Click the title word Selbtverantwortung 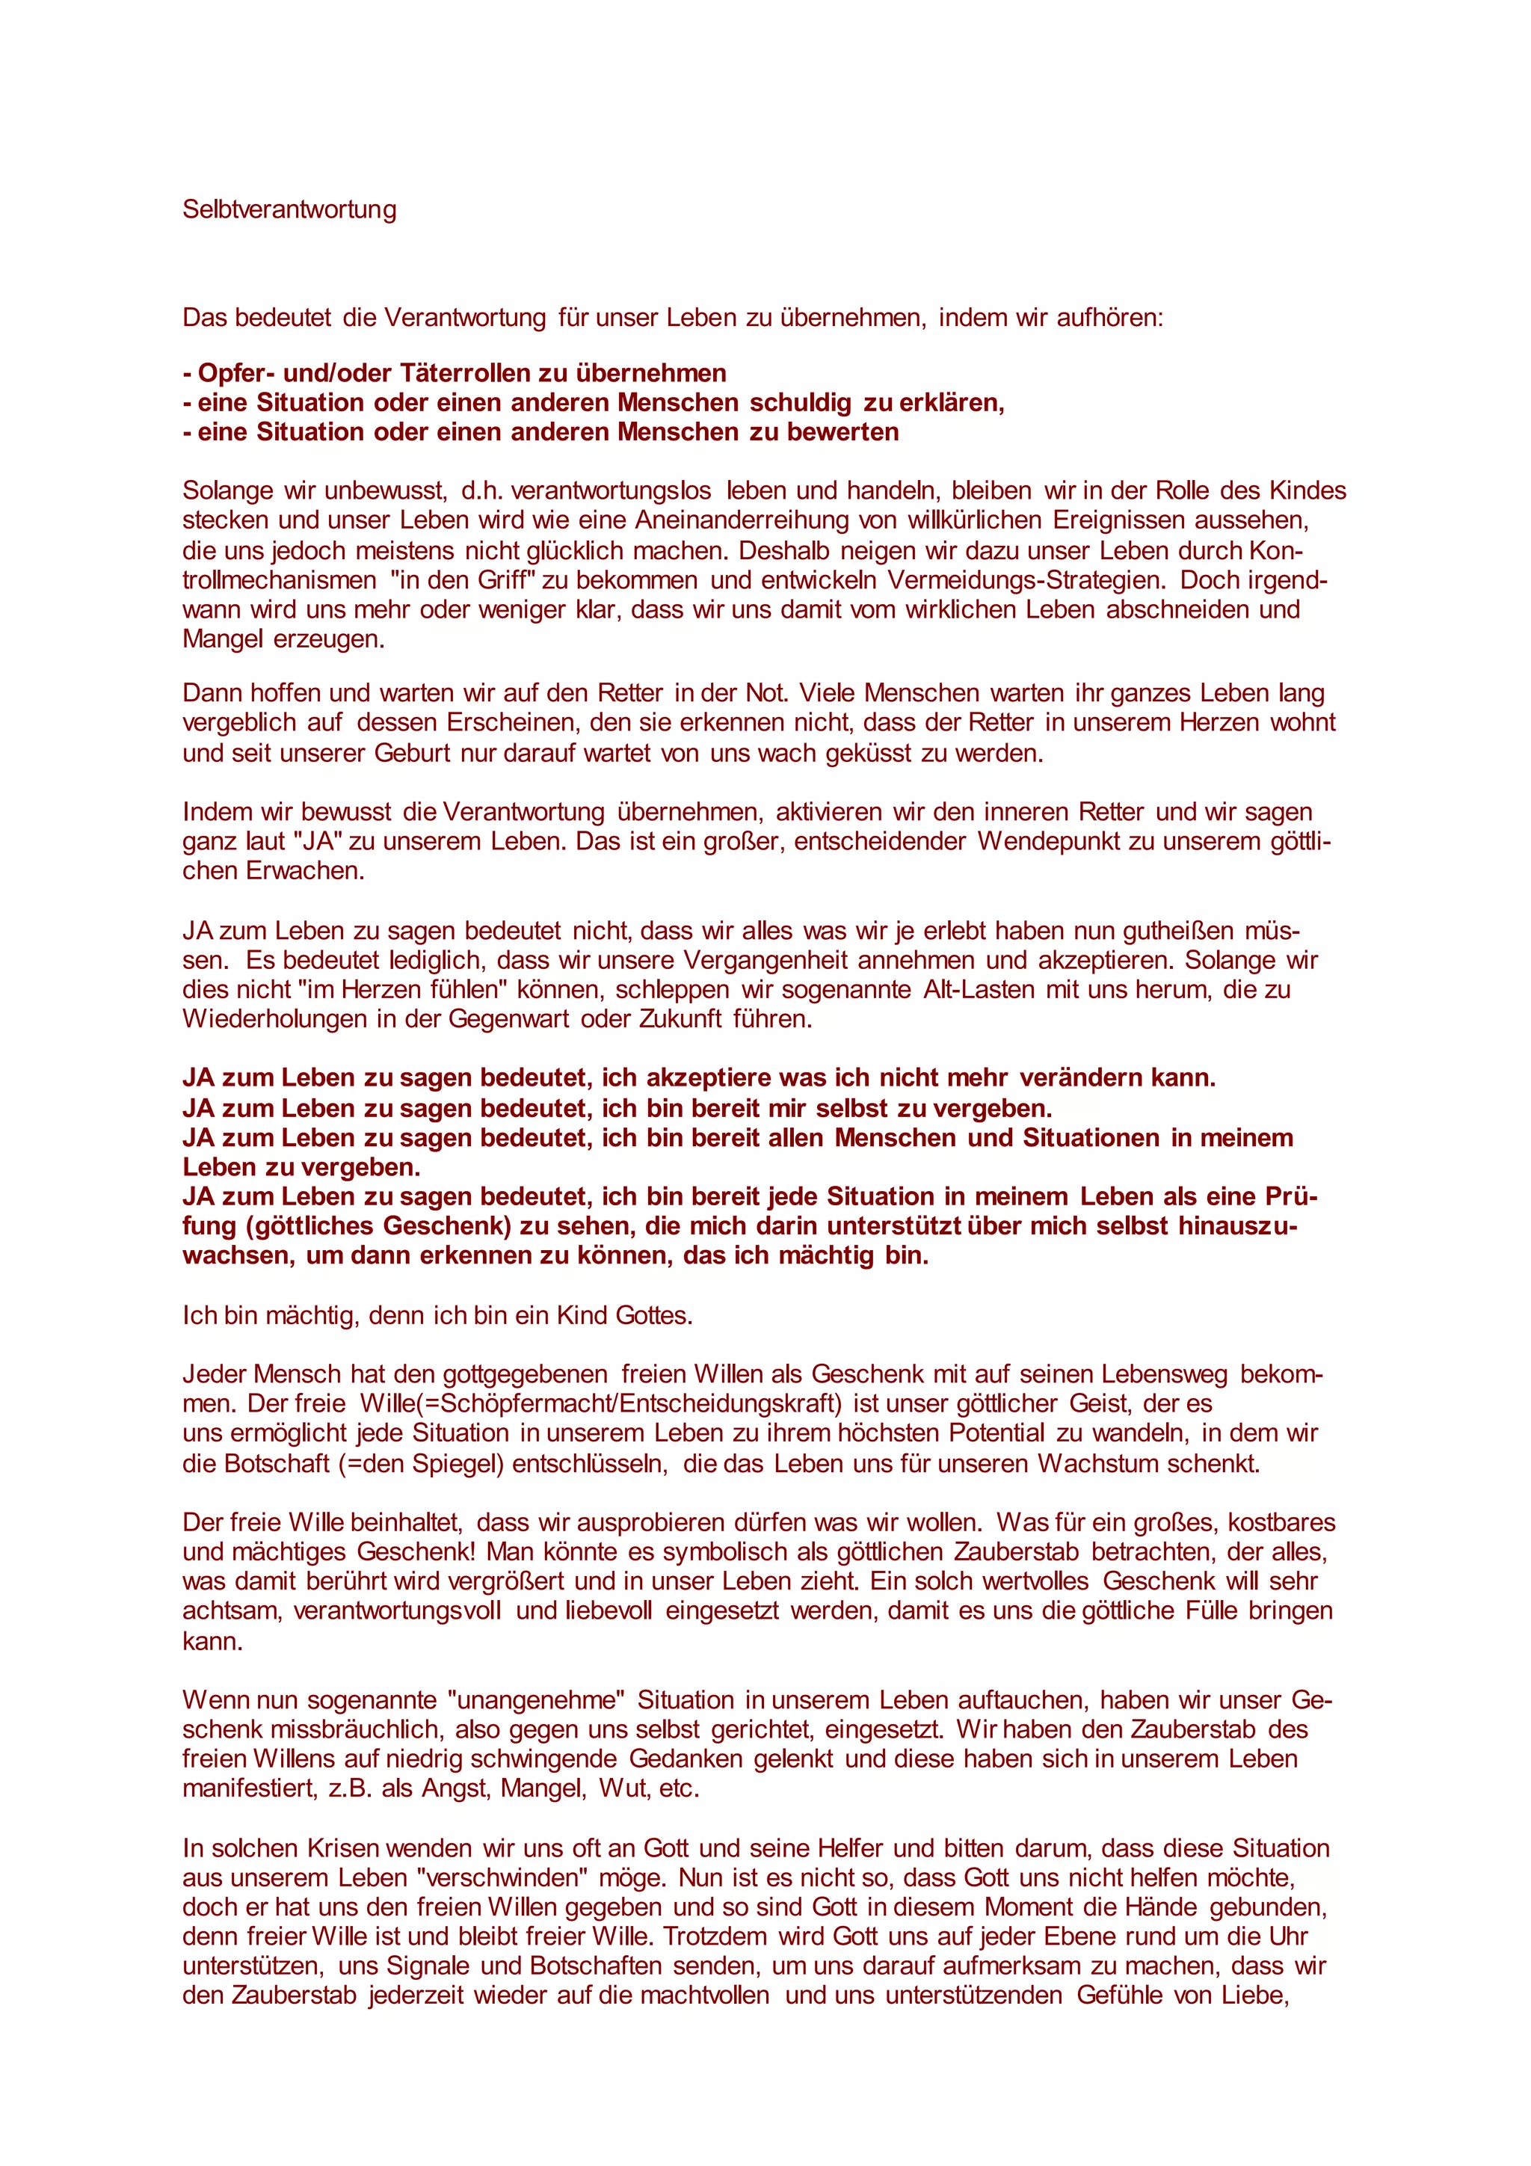pos(289,209)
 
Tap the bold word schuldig pos(801,403)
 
